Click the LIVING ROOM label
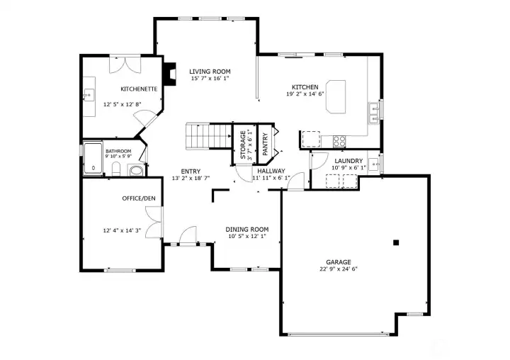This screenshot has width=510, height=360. point(210,71)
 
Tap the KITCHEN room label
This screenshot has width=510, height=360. point(305,86)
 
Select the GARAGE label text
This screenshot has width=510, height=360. point(339,261)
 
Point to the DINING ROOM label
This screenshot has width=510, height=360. point(247,229)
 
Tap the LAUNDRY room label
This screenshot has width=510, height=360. point(348,161)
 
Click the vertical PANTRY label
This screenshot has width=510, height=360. point(264,142)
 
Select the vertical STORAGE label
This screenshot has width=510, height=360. point(243,143)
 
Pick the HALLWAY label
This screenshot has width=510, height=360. point(271,171)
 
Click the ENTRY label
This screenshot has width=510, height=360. point(191,171)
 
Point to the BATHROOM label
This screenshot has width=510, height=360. point(118,151)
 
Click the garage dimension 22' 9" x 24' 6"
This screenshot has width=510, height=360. point(339,269)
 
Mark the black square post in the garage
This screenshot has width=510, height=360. point(397,242)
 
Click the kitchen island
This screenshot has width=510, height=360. point(336,96)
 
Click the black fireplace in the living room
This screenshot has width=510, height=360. point(170,74)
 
